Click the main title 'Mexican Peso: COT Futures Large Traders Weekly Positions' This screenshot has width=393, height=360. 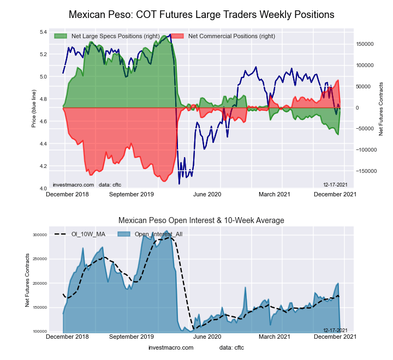click(x=201, y=14)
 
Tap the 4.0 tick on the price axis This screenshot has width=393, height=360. click(x=43, y=188)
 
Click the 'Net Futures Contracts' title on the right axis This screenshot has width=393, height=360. click(x=381, y=109)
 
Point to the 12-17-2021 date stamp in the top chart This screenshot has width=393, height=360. click(x=335, y=184)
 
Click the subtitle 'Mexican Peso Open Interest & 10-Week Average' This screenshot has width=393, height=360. click(x=201, y=220)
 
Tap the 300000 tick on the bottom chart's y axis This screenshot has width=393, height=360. click(x=39, y=235)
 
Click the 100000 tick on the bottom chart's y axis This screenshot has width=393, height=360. click(x=39, y=332)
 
